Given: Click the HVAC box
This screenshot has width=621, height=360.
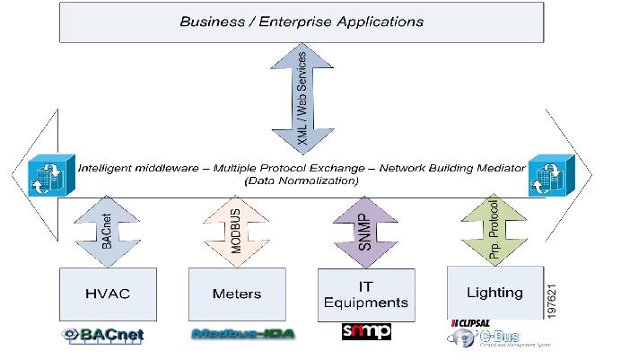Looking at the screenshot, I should pyautogui.click(x=107, y=293).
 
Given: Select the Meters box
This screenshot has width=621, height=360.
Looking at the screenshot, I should pyautogui.click(x=235, y=294).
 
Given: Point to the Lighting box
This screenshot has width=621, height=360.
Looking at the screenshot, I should pyautogui.click(x=494, y=292).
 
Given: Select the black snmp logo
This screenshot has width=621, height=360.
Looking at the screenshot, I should pyautogui.click(x=366, y=332).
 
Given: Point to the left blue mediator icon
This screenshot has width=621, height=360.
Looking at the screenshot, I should pyautogui.click(x=42, y=172).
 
